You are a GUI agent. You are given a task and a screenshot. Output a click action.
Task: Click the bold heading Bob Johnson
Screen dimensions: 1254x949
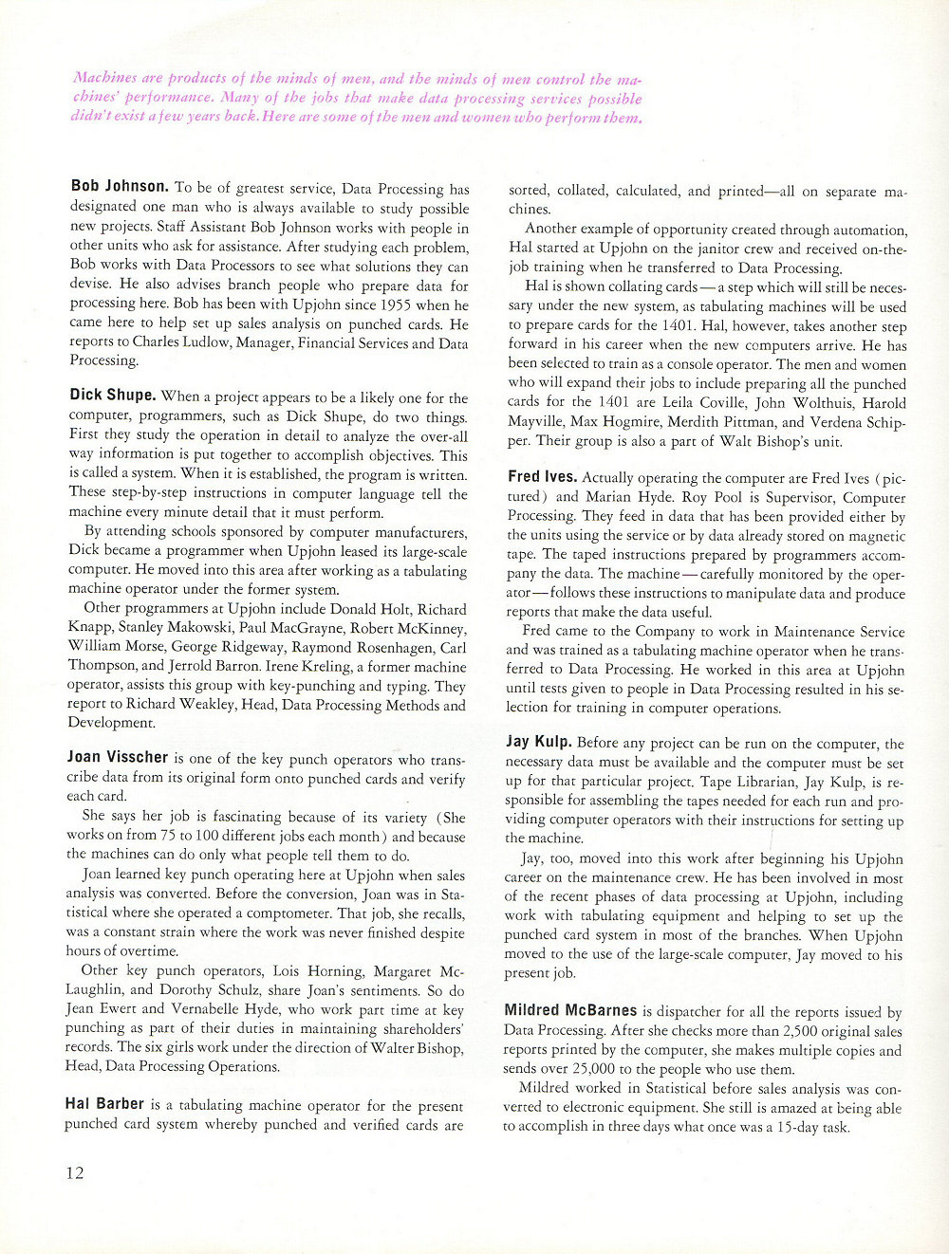pyautogui.click(x=120, y=186)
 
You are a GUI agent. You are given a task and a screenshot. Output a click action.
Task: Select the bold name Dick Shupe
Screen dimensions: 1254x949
pyautogui.click(x=112, y=395)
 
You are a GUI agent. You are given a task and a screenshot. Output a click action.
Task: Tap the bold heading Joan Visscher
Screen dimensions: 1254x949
pyautogui.click(x=117, y=757)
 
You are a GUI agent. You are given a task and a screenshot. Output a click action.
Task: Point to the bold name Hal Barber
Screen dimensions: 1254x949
pyautogui.click(x=104, y=1104)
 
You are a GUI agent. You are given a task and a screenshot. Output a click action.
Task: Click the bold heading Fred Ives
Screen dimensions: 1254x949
pyautogui.click(x=542, y=477)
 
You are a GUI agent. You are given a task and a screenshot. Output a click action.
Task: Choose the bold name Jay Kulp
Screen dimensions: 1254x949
pyautogui.click(x=538, y=742)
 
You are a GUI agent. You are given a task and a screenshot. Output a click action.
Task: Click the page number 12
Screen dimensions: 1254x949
pyautogui.click(x=75, y=1172)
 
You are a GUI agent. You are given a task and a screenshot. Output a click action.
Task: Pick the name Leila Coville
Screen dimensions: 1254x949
pyautogui.click(x=676, y=402)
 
